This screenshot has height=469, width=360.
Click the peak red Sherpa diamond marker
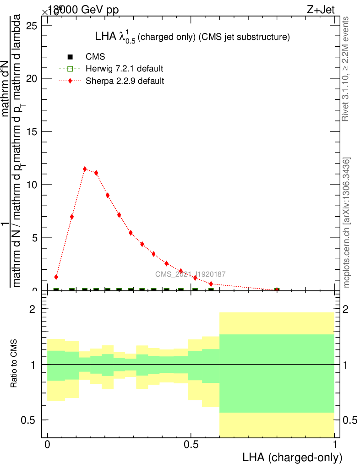(85, 169)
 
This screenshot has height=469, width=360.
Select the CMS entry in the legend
(95, 57)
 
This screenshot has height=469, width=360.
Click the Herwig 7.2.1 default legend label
(125, 69)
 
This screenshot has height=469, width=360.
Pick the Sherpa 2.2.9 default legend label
(125, 81)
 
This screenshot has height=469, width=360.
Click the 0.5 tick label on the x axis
(191, 445)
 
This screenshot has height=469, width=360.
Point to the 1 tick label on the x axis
(335, 445)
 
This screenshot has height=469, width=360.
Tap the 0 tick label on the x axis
(47, 445)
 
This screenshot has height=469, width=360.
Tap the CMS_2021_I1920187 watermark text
(190, 274)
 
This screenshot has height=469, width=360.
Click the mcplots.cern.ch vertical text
(347, 223)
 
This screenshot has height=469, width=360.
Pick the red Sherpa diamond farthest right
(277, 290)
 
